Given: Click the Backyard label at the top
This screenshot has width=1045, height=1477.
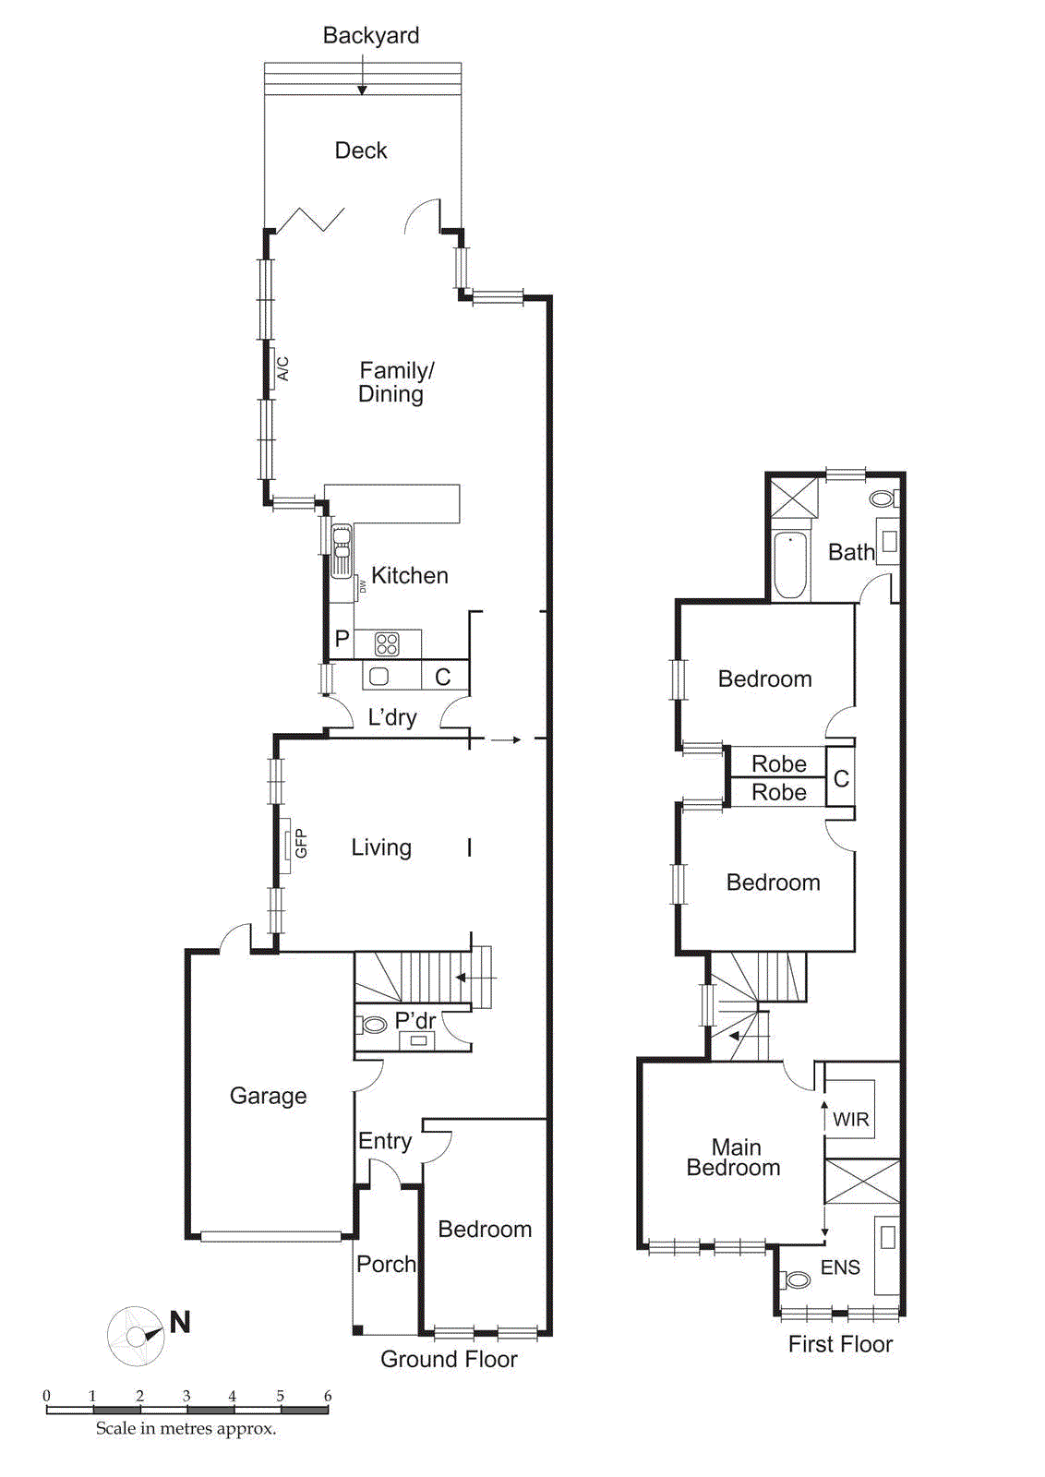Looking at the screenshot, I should coord(371,35).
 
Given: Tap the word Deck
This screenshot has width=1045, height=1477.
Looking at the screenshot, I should coord(361,150).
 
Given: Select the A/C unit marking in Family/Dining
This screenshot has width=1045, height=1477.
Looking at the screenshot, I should coord(282,368).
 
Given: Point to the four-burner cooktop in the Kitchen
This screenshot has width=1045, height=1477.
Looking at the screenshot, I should coord(387,643).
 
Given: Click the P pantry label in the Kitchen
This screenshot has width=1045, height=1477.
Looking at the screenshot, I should coord(342,639).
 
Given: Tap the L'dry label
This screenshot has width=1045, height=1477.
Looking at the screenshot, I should coord(392,717).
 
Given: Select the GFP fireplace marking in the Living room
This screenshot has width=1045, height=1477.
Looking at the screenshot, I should coord(300,843).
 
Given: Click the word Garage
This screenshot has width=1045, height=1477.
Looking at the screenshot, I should coord(268,1096).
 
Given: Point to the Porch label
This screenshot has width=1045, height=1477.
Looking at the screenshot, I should coord(386,1264).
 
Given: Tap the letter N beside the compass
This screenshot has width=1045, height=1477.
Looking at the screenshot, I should coord(180,1322).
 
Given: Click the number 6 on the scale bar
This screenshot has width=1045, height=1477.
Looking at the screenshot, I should coord(327,1396).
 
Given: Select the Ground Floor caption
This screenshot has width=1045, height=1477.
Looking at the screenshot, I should coord(449,1359).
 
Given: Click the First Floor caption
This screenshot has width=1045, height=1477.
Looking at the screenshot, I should coord(840,1344).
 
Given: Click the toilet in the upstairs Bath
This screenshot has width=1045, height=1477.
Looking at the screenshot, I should coord(883,498).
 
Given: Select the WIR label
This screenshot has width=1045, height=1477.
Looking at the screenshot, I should coord(850,1120).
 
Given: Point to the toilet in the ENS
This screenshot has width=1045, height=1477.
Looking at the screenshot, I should coord(796,1279).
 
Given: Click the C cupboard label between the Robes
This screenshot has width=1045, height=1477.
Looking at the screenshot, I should coord(841,778).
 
